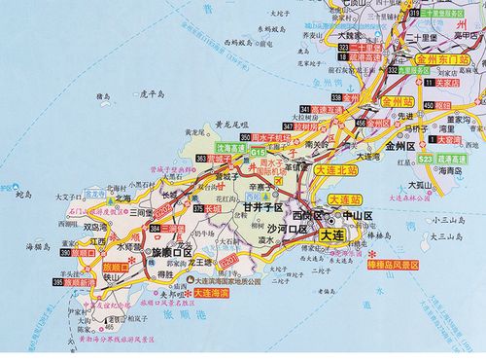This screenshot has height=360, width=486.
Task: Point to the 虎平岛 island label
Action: tap(155, 94)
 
